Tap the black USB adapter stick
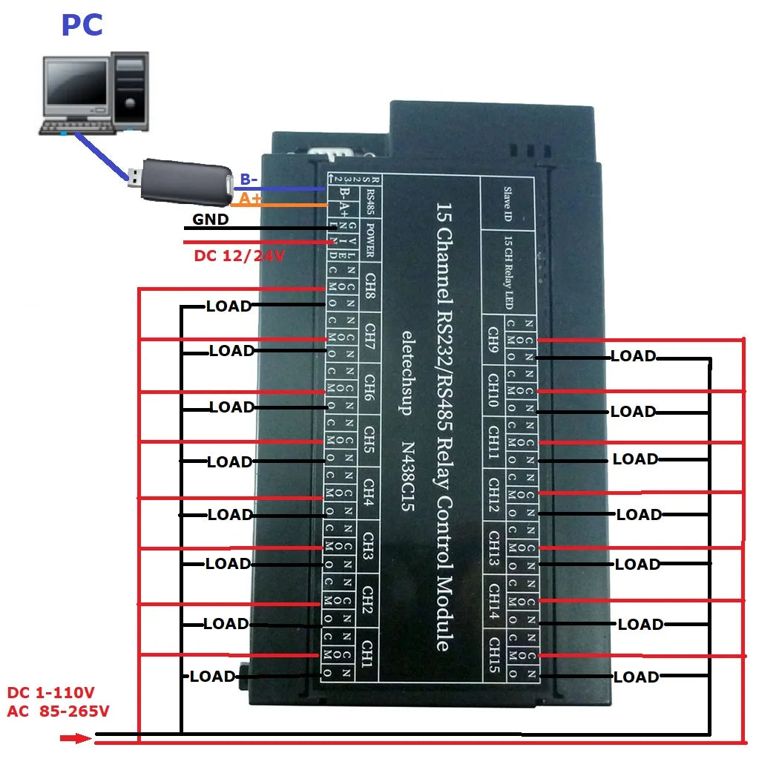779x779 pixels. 182,181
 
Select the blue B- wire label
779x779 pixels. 248,180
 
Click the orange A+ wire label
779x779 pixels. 250,199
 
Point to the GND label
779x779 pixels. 211,220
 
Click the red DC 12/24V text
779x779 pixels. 239,256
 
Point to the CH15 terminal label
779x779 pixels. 493,653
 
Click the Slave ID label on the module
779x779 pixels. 508,204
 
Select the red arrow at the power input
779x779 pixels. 76,738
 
